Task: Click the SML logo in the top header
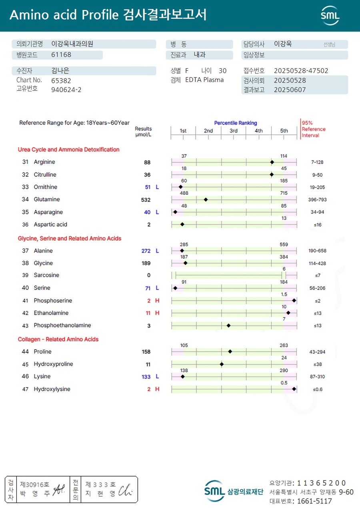330,15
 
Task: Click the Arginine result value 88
147,162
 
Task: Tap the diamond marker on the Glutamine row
206,199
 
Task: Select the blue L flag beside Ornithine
157,187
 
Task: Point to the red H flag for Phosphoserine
157,301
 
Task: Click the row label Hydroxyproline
53,364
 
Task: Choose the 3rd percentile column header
234,131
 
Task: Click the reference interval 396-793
318,199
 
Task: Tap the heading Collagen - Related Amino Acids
58,339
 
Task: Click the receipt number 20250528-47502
301,71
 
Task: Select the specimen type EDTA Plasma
204,80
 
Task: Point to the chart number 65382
61,80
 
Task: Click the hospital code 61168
61,55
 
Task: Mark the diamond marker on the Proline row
230,352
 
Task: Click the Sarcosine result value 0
149,275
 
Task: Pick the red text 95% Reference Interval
314,129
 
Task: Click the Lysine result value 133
146,377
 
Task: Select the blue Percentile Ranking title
236,123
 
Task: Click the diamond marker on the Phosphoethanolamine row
228,326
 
